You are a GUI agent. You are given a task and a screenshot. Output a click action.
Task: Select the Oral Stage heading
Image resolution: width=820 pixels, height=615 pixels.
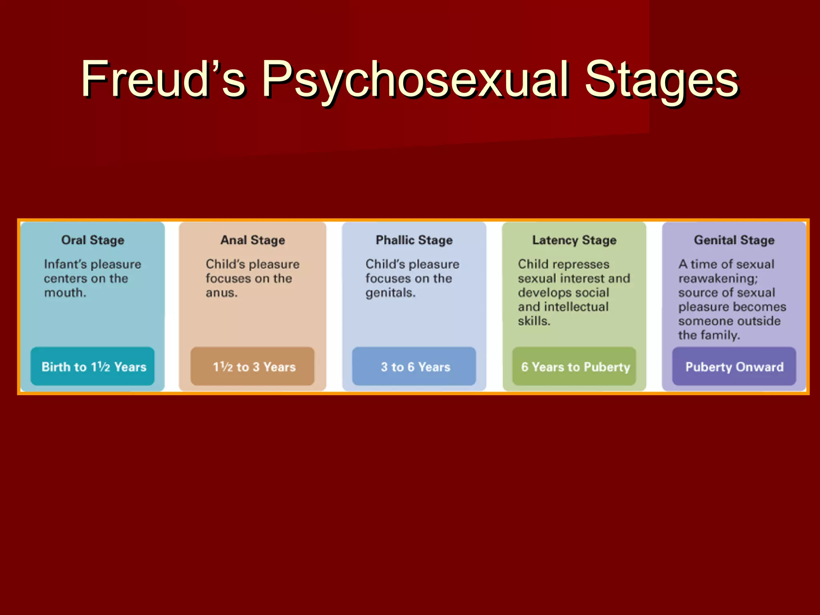coord(92,240)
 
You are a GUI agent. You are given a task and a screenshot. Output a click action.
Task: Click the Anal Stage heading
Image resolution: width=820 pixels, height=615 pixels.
coord(253,240)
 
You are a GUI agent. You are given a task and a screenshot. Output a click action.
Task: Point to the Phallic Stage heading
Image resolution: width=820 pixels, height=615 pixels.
coord(414,240)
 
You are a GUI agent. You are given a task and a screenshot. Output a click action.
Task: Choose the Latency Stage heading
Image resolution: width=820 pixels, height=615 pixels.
coord(574,240)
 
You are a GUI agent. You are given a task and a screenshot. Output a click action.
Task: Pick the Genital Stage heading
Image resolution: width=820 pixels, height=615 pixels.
coord(734,240)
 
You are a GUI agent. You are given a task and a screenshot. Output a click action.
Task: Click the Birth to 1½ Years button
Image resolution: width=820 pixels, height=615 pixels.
coord(93,367)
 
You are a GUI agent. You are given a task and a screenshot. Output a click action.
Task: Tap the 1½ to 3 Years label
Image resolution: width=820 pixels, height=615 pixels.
coord(254,367)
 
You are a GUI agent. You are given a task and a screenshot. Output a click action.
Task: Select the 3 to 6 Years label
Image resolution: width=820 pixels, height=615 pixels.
coord(415,367)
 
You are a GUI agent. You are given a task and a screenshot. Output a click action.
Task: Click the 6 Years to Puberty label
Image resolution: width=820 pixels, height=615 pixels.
coord(575,367)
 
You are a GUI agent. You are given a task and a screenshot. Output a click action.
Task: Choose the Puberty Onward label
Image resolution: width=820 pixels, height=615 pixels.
coord(734,367)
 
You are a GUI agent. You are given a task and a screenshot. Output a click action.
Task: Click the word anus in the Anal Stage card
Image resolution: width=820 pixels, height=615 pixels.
coord(221,293)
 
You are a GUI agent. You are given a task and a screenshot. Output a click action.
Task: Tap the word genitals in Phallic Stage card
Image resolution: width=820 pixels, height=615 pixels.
coord(390,293)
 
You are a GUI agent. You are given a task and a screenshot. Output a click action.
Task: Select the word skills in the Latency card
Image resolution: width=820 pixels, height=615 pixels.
coord(533,321)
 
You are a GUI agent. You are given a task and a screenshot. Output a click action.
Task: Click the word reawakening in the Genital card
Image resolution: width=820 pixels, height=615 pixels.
coord(717,279)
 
